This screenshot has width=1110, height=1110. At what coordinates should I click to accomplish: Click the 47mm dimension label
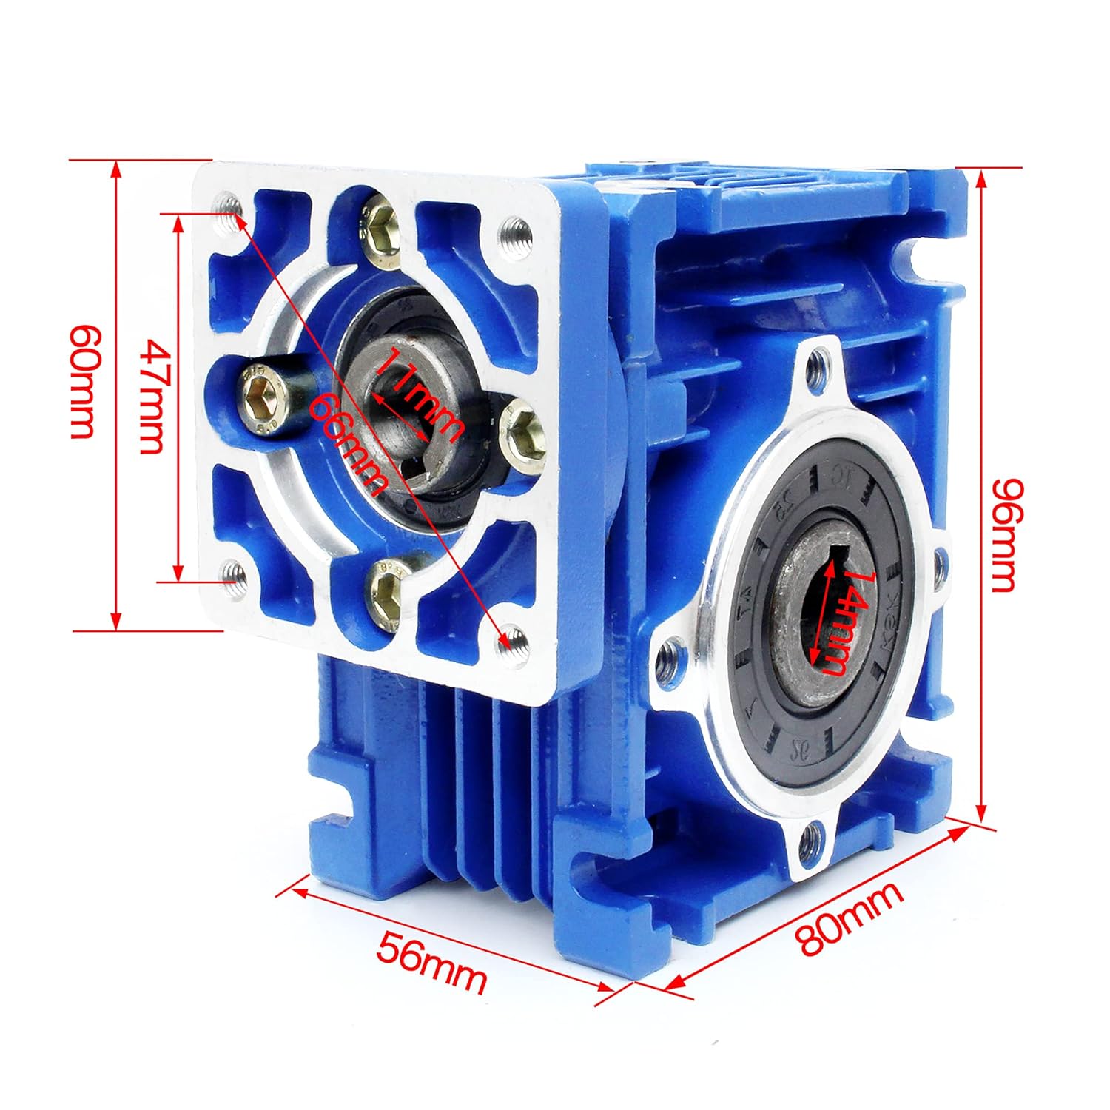153,397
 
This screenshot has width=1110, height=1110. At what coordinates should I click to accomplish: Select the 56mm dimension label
432,961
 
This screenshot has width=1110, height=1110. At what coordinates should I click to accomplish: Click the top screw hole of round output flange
818,363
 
